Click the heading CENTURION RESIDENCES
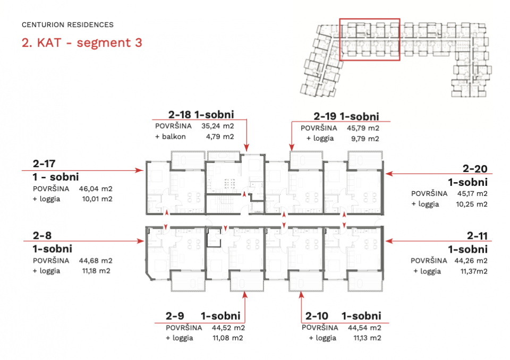click(67, 25)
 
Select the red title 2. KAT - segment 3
click(82, 42)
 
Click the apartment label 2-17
click(44, 164)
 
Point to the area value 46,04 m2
click(96, 188)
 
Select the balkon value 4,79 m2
click(220, 136)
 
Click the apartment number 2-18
click(180, 115)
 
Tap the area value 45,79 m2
click(363, 128)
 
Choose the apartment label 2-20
click(475, 169)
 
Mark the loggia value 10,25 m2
click(472, 204)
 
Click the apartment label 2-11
click(477, 236)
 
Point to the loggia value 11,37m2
click(474, 271)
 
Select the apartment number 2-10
click(317, 316)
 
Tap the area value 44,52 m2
click(228, 328)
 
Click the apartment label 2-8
click(42, 235)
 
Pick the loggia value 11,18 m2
click(96, 271)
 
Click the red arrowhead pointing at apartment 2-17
click(140, 170)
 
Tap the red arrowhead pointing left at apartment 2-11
click(389, 241)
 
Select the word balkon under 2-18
click(174, 136)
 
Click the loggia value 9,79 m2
click(365, 139)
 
